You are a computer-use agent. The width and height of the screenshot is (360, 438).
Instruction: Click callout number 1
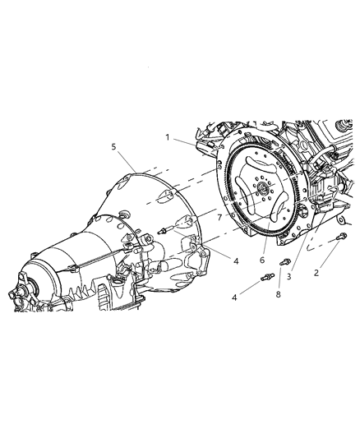(168, 137)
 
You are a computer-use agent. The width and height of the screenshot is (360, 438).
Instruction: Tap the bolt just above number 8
(285, 262)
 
